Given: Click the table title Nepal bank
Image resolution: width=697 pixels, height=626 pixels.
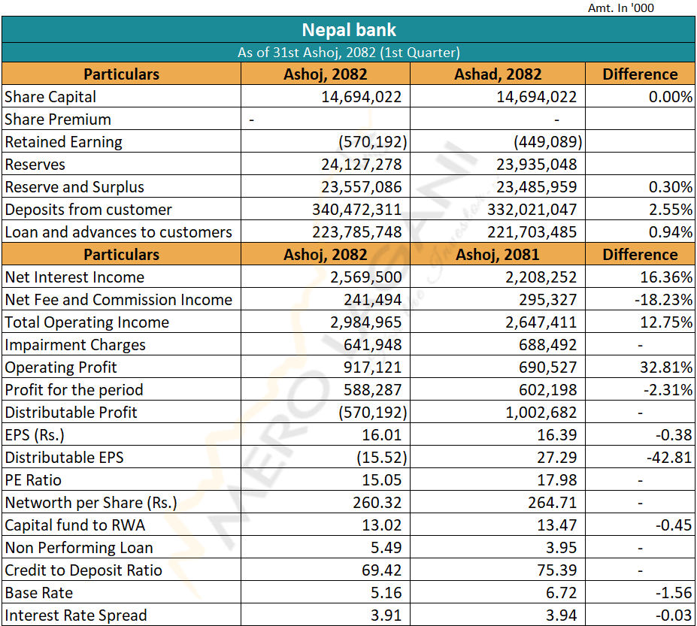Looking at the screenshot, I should pos(348,30).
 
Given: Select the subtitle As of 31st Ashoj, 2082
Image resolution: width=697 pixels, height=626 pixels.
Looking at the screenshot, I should pos(348,53).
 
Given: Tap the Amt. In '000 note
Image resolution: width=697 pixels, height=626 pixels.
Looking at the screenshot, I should pos(621,8).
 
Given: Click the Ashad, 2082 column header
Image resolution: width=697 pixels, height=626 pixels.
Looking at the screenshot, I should pos(498,74).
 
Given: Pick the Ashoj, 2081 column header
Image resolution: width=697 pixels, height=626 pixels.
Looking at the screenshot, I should pos(498,255).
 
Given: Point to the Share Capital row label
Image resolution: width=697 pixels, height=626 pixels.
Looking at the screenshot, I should pos(50,97).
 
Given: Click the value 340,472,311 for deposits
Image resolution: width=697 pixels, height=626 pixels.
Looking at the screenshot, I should pos(357,210).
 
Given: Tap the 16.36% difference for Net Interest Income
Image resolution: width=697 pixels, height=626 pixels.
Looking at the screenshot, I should pos(666,277).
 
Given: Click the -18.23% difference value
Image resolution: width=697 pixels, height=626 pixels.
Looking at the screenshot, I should pos(664,300).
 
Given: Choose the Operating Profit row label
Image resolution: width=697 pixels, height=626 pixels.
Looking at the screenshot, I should pos(61,367).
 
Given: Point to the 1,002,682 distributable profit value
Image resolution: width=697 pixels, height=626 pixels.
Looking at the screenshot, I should pos(541,413).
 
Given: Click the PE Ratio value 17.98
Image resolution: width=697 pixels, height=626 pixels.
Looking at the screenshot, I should pos(559,480).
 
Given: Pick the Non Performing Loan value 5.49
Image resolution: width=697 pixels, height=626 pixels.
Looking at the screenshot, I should pos(387,548).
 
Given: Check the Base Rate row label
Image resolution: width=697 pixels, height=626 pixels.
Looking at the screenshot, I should pos(39,593).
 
